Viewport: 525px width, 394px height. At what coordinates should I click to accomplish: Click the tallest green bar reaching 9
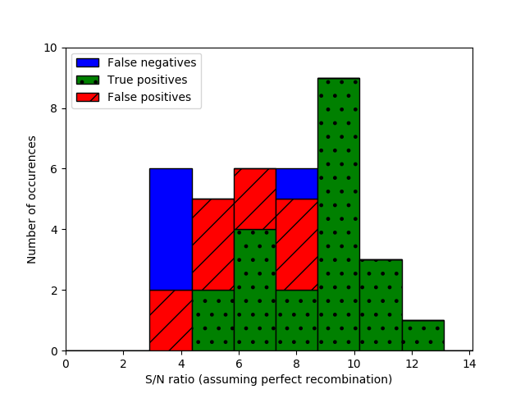(x=338, y=214)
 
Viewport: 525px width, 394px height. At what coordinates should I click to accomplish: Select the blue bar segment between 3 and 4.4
(x=171, y=229)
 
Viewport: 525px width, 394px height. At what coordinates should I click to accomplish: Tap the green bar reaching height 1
(x=422, y=336)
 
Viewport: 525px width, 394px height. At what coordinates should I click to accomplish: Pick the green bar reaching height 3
(x=381, y=305)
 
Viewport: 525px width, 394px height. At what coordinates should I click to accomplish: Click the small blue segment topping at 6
(x=296, y=183)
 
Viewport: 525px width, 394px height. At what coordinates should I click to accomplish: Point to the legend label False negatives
(x=152, y=62)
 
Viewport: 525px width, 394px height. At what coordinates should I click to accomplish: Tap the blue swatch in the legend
(x=87, y=62)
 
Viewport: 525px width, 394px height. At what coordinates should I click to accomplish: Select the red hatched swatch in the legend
(x=87, y=97)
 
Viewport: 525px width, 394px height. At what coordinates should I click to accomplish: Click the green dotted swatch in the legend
(x=87, y=80)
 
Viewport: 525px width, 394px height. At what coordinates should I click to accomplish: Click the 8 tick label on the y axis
(x=53, y=108)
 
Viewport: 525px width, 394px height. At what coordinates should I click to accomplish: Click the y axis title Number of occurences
(x=32, y=199)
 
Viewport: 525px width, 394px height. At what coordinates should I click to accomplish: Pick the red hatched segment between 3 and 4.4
(x=171, y=320)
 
